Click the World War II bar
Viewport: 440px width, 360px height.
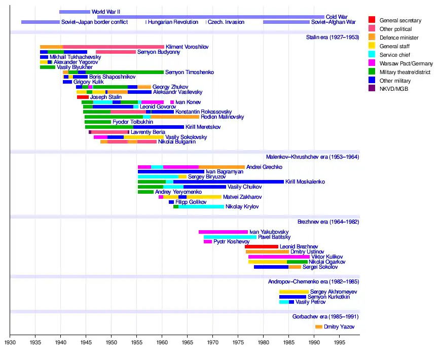point(75,12)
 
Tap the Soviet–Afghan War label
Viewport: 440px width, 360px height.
point(333,22)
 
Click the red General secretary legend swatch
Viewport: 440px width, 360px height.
point(372,20)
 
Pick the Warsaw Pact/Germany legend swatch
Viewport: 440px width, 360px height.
point(372,63)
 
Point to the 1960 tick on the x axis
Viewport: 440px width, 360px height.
point(162,335)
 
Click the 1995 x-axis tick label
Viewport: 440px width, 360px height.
point(340,343)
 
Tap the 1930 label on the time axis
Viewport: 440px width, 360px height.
point(10,343)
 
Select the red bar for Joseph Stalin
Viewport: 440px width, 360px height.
point(83,97)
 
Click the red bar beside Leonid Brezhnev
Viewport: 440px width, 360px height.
point(262,246)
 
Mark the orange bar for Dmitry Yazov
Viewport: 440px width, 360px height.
point(319,327)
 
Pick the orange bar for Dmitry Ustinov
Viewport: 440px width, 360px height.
point(267,251)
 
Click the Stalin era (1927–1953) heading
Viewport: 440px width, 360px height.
point(332,37)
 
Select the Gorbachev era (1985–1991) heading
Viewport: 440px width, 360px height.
point(329,317)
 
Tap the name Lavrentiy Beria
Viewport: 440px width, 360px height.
point(148,132)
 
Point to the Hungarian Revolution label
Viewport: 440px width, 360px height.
point(173,22)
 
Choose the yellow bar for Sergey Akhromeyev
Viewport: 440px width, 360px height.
point(294,292)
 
